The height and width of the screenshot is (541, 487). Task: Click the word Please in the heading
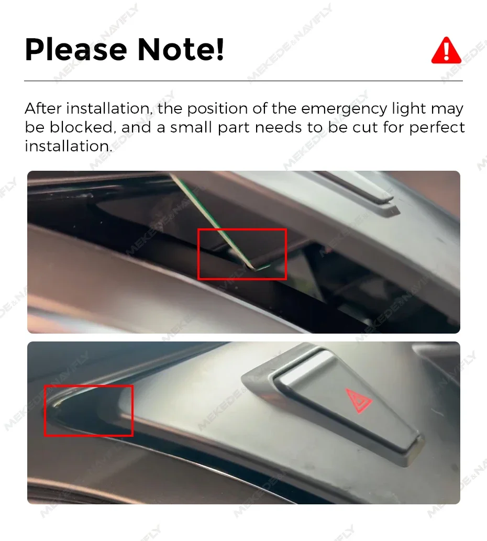(76, 50)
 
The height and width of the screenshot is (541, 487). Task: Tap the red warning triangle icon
(446, 50)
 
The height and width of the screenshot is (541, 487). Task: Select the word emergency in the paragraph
(344, 109)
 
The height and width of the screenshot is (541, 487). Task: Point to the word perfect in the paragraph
(437, 128)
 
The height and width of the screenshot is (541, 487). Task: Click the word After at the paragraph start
(43, 108)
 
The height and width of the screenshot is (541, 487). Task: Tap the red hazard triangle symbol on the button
(359, 400)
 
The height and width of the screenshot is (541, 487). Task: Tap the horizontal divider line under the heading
(243, 81)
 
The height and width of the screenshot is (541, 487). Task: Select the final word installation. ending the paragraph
(69, 146)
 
